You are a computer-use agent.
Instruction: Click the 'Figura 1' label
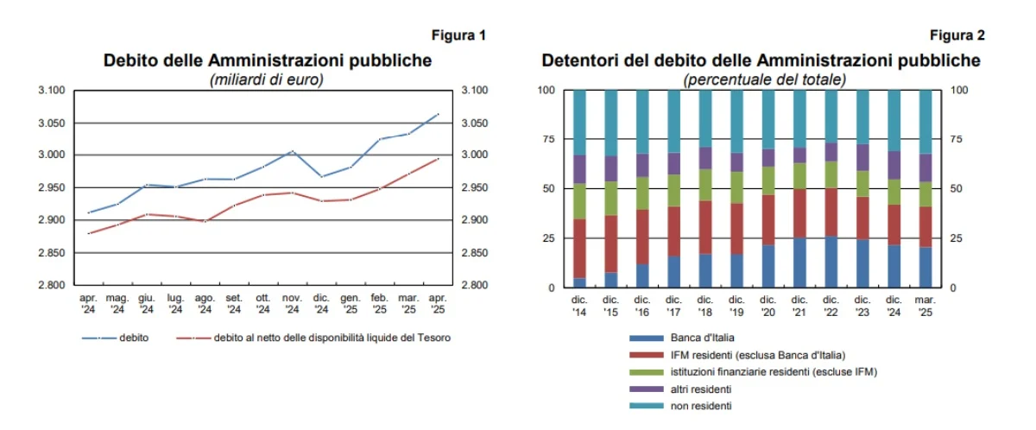pyautogui.click(x=458, y=35)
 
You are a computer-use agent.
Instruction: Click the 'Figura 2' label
pyautogui.click(x=957, y=35)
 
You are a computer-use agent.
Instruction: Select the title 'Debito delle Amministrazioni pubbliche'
pyautogui.click(x=267, y=61)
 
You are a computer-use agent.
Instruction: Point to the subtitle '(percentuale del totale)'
pyautogui.click(x=764, y=79)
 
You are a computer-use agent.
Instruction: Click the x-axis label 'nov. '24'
pyautogui.click(x=292, y=303)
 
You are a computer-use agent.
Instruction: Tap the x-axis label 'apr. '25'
pyautogui.click(x=438, y=303)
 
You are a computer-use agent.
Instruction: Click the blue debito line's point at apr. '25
pyautogui.click(x=438, y=114)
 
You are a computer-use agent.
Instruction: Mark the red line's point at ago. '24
pyautogui.click(x=205, y=221)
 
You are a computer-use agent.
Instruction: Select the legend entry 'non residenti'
pyautogui.click(x=700, y=405)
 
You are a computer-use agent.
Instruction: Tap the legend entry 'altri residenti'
pyautogui.click(x=703, y=389)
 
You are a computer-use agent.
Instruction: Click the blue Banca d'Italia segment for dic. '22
pyautogui.click(x=831, y=262)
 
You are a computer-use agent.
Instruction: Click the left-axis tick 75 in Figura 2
pyautogui.click(x=546, y=139)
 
